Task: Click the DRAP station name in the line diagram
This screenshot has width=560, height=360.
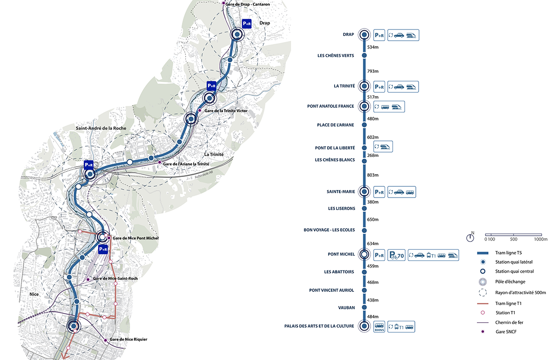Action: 348,35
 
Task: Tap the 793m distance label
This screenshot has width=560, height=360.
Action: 372,71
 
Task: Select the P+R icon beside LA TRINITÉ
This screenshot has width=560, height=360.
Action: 379,87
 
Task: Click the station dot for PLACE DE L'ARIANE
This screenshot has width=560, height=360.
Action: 364,125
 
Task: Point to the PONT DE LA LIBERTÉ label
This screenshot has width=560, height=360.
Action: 335,148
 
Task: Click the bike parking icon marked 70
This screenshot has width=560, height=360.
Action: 396,255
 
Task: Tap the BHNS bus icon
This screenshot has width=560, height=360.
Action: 379,327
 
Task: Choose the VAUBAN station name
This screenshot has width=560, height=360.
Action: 346,308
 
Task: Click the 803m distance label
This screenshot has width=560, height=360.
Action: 372,175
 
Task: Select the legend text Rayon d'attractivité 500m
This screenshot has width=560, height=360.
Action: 520,292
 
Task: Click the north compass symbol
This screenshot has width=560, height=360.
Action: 470,237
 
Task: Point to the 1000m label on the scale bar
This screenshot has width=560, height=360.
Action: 540,239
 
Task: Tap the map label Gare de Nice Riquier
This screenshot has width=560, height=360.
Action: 128,339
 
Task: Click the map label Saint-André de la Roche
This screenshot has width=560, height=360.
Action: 101,128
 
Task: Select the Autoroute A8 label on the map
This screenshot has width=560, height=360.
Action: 204,174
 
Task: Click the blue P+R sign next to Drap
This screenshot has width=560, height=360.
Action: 247,24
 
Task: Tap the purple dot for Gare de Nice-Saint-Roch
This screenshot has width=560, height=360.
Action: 88,279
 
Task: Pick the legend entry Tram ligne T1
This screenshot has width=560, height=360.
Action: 508,304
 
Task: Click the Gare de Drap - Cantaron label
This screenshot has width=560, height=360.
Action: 247,4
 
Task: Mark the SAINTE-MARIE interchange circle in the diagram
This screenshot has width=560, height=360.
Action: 364,192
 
